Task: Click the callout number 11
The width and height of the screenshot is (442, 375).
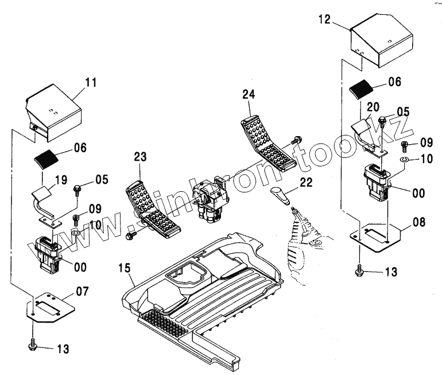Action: click(90, 82)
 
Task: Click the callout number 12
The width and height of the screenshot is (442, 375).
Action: click(324, 20)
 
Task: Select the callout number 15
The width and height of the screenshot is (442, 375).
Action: click(125, 267)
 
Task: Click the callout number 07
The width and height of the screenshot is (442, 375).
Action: click(83, 292)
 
